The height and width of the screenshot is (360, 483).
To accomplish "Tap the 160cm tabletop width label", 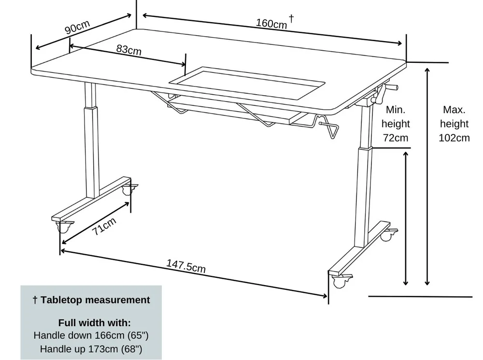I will point(271,23).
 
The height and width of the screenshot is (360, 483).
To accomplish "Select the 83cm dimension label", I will point(129,49).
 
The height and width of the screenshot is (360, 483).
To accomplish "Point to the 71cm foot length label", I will point(105,226).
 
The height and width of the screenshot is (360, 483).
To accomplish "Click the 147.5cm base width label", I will point(186,266).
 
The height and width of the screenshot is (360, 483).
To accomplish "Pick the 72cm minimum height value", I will point(395,138).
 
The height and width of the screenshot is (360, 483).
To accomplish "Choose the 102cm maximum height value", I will point(454,138).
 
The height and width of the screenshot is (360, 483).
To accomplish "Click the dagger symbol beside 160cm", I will point(291,18).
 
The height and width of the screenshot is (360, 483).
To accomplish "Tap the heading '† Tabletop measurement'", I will point(91,300).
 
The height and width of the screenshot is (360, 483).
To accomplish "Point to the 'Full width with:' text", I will point(95,322).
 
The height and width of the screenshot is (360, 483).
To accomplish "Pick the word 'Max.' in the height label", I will point(454,110).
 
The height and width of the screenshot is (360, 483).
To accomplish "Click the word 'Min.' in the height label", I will point(396,110).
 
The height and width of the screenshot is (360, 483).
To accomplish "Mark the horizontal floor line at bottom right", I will point(420,296).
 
